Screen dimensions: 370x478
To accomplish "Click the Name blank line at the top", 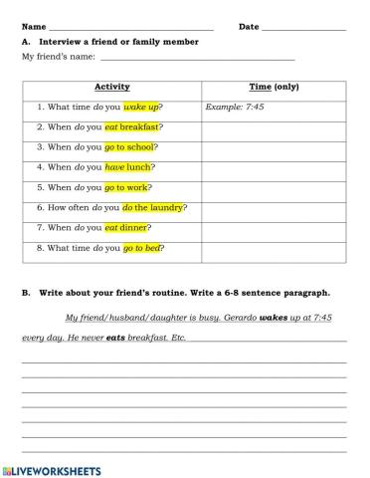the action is pyautogui.click(x=129, y=27).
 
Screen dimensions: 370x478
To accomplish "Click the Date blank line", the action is pyautogui.click(x=303, y=27).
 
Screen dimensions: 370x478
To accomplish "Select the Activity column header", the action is pyautogui.click(x=111, y=87).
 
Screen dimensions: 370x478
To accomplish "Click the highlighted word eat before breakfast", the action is pyautogui.click(x=115, y=126).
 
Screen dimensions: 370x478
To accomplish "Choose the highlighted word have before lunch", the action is pyautogui.click(x=116, y=166).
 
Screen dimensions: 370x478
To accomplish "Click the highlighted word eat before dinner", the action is pyautogui.click(x=115, y=227).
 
